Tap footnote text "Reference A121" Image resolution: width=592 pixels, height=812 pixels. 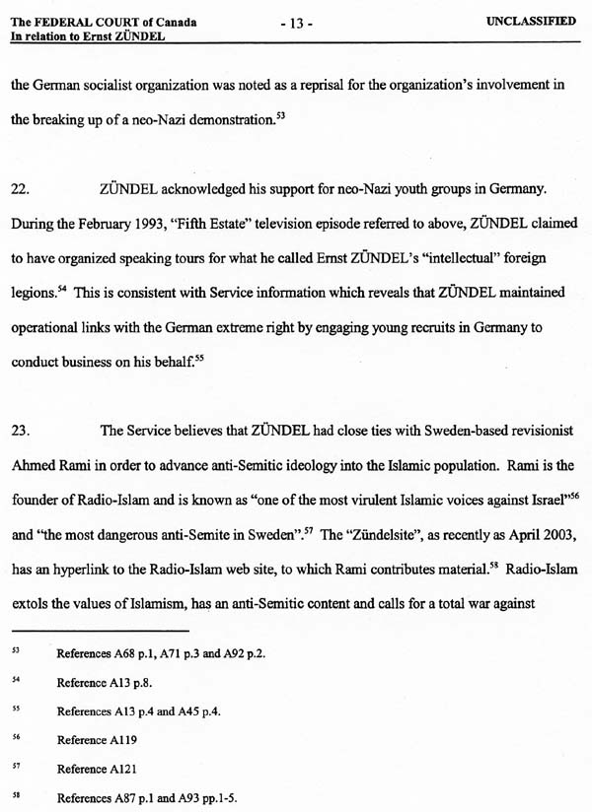96,769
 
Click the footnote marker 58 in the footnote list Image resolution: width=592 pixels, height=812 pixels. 15,797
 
